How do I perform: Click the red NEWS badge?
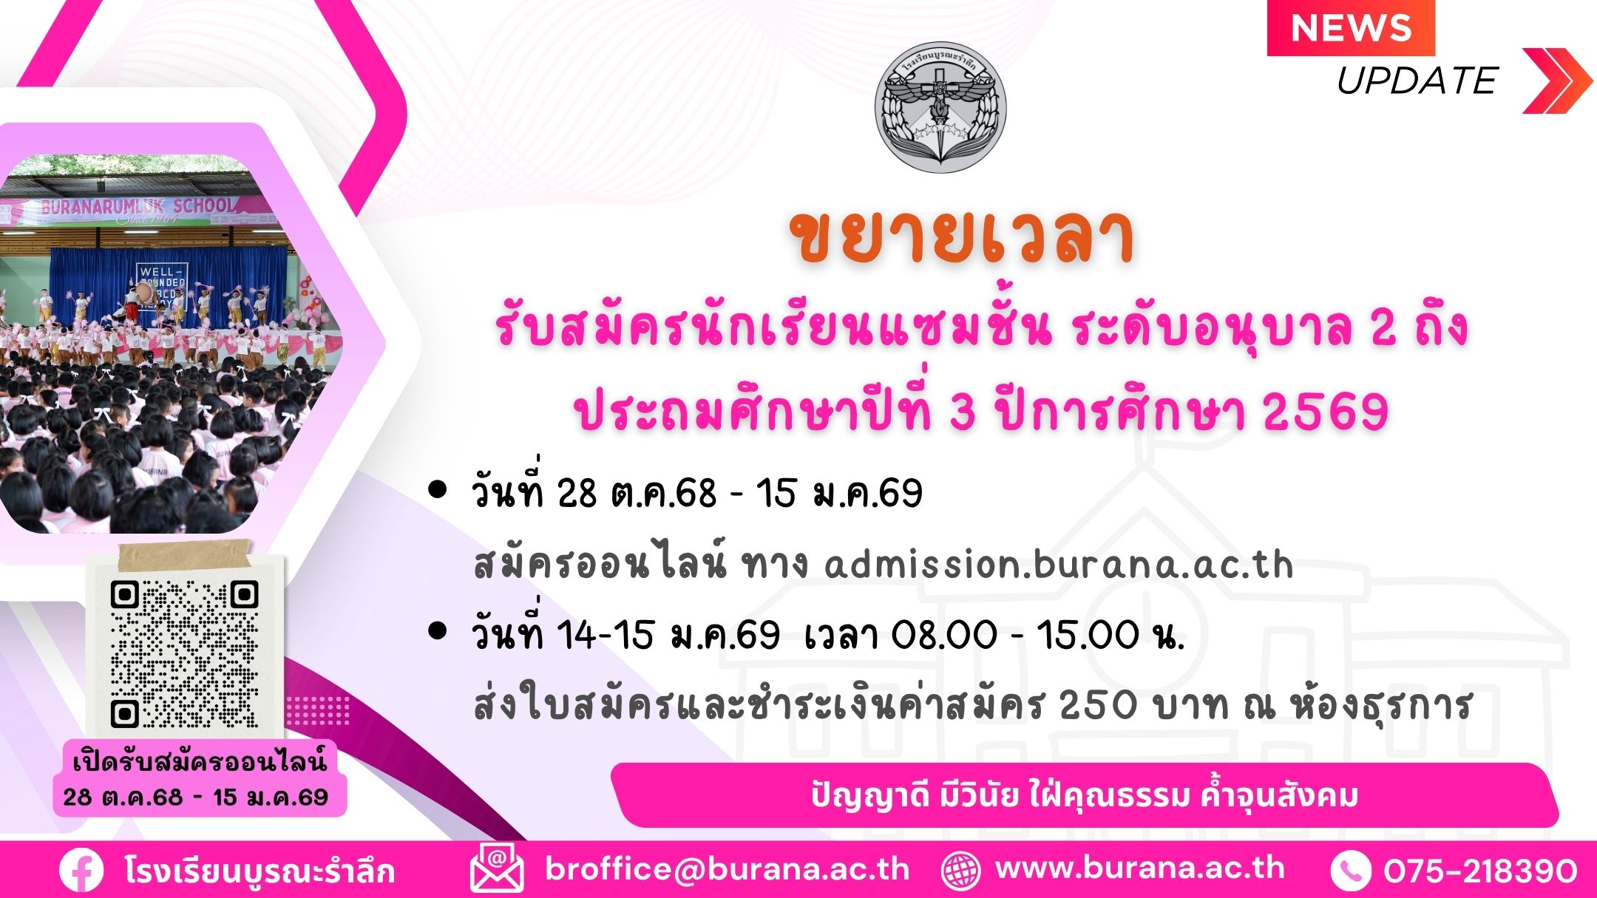point(1351,28)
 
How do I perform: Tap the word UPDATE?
point(1417,81)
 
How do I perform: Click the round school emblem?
point(940,107)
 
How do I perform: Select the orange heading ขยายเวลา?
point(962,237)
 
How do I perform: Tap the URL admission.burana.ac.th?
point(1059,565)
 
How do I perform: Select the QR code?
point(184,653)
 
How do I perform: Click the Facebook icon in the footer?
point(81,871)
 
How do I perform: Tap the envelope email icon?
point(497,869)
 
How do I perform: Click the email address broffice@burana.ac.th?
point(728,869)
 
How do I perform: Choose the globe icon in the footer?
point(960,871)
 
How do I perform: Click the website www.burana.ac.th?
point(1140,868)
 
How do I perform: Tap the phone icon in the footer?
point(1351,871)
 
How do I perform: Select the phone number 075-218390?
point(1480,871)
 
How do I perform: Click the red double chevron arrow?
point(1557,81)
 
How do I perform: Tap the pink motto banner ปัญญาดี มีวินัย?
point(1085,795)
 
